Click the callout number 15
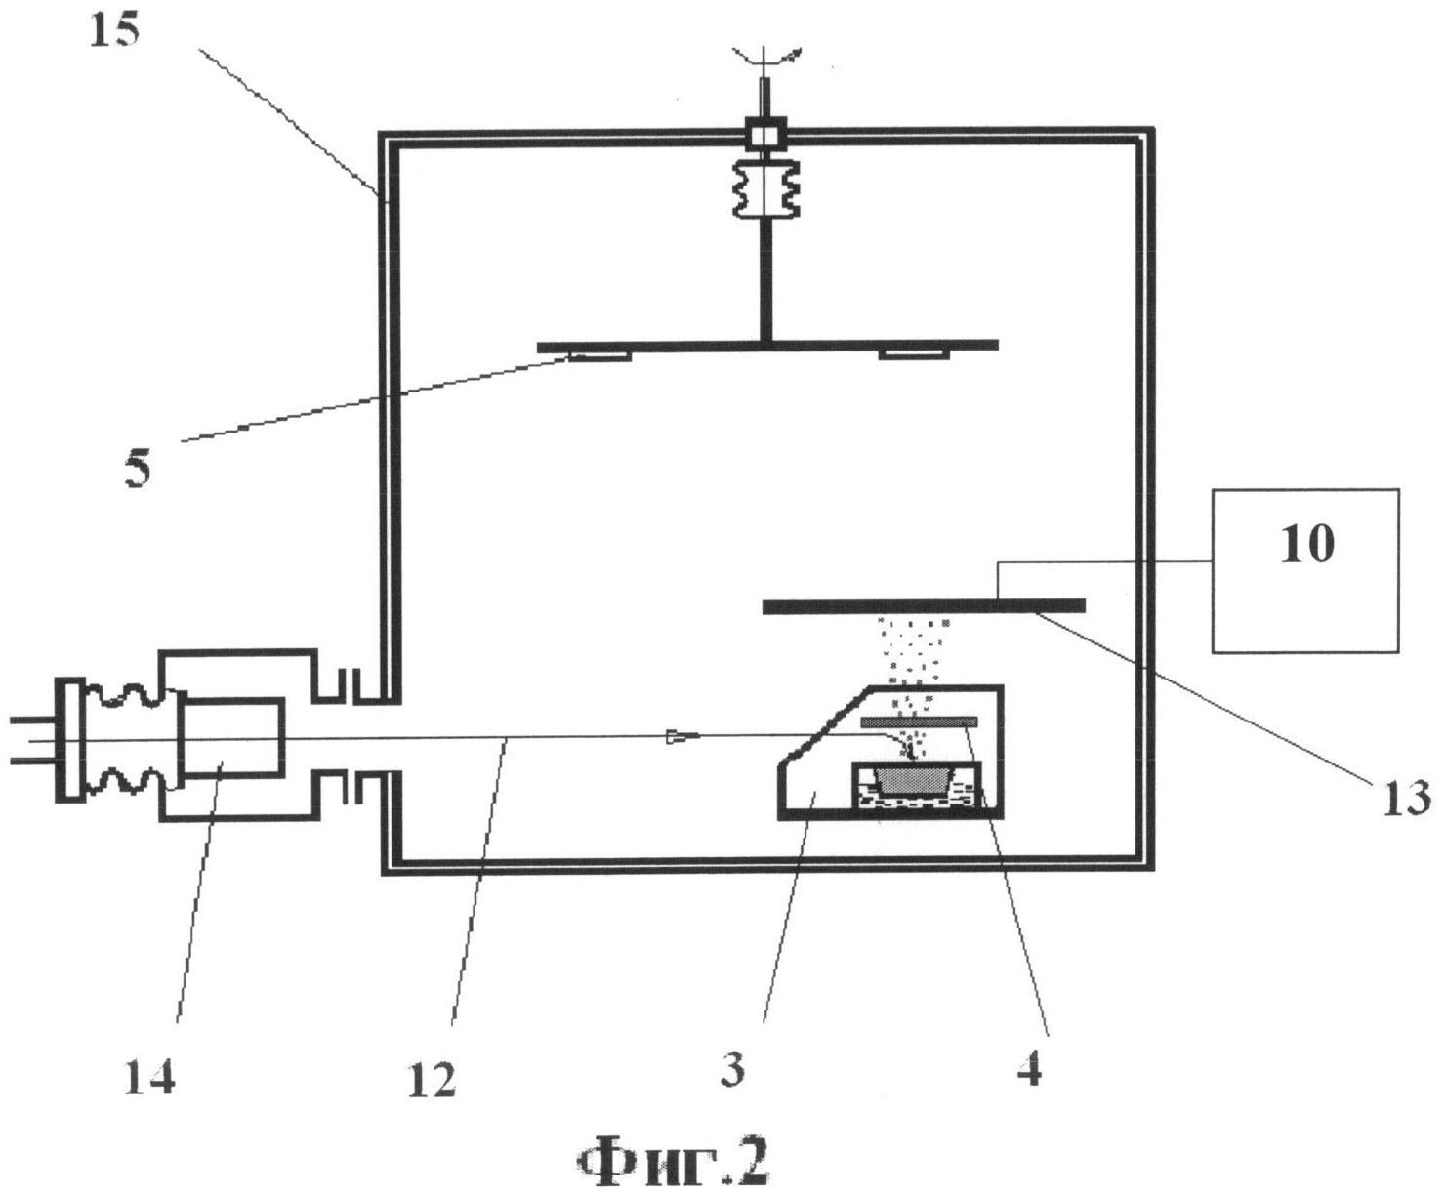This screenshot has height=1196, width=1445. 114,30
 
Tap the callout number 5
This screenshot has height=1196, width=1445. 138,470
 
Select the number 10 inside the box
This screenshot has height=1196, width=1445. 1306,543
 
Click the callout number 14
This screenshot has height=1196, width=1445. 149,1078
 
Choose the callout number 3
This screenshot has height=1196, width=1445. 733,1068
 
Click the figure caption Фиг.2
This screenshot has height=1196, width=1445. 673,1163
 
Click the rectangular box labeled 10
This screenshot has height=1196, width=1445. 1305,605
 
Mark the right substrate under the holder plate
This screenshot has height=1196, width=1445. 913,353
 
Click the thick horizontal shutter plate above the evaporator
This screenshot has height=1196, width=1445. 923,606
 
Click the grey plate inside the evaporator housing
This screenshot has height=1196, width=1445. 918,722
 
